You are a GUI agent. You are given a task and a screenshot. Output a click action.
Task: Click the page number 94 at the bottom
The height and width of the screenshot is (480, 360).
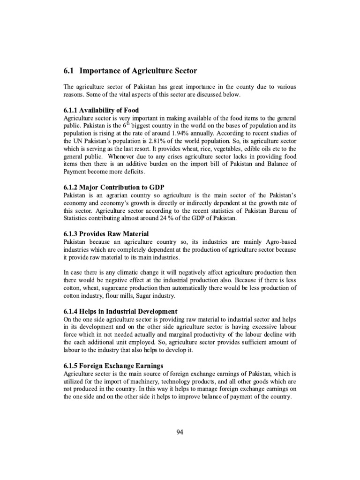pos(180,432)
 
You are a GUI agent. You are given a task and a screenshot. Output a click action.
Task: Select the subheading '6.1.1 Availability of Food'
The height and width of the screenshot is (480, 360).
pos(101,110)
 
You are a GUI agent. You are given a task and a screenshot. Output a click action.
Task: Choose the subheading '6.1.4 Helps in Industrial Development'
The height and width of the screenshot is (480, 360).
pos(120,311)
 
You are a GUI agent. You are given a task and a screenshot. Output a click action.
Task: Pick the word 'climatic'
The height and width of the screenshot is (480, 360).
pos(119,272)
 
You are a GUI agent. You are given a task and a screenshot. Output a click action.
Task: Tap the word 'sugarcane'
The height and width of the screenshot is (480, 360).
pos(118,288)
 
